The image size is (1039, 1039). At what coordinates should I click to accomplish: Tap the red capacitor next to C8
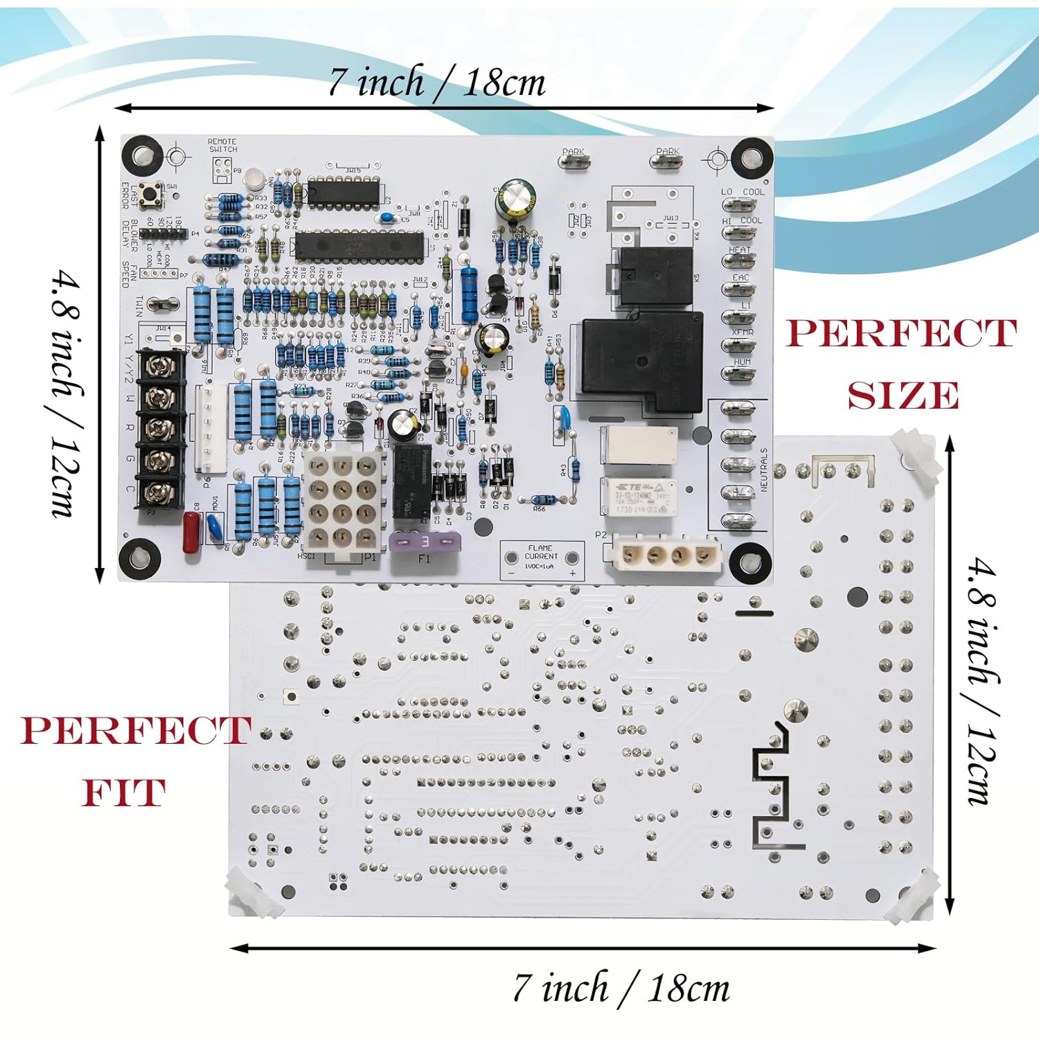(191, 531)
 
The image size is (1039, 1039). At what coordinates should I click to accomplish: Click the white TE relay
(638, 497)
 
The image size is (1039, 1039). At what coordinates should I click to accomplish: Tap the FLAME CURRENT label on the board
(541, 552)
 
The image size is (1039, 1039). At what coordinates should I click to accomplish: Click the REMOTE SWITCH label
(222, 145)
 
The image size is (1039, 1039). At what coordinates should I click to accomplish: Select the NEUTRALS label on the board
(764, 470)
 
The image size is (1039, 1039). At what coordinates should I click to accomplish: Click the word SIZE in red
(903, 396)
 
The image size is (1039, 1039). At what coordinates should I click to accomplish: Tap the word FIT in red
(124, 792)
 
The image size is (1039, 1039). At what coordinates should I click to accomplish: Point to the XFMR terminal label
(742, 332)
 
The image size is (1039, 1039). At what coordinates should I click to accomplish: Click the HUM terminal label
(742, 362)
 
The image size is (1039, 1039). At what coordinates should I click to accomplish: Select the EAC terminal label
(740, 277)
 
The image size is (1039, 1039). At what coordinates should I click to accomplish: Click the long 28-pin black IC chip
(359, 244)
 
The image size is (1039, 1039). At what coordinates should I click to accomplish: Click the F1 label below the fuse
(424, 558)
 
